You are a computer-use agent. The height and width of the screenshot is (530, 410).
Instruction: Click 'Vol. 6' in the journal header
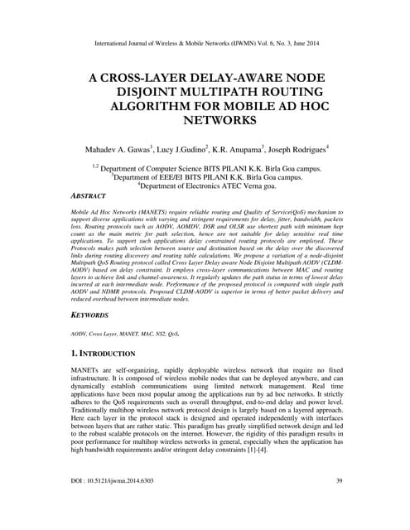(282, 38)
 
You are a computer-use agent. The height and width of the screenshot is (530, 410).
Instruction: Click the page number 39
(338, 503)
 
